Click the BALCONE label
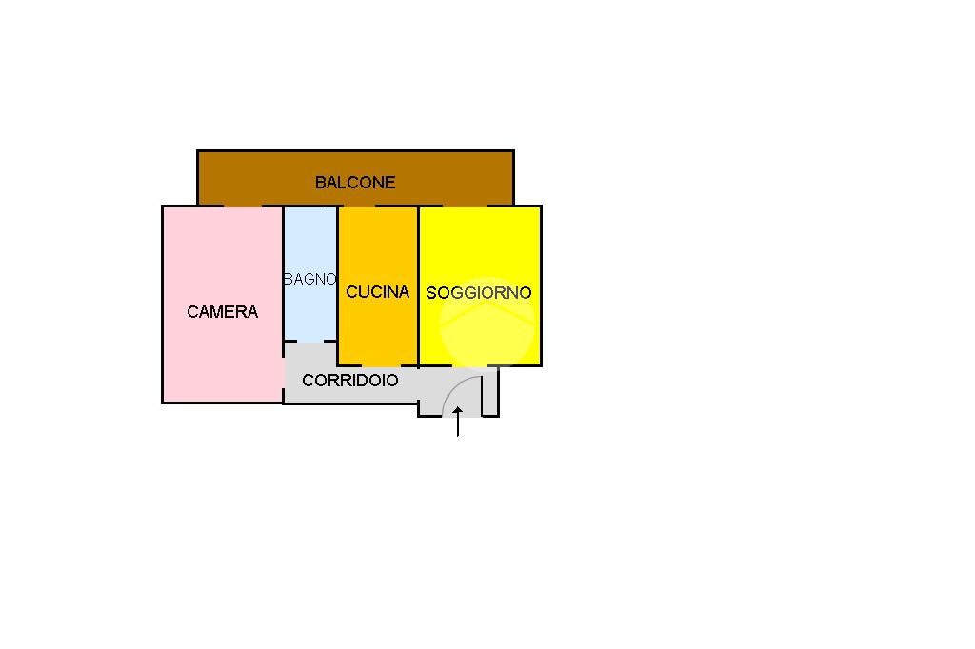tap(355, 182)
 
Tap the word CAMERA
tap(222, 312)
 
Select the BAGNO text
tap(310, 280)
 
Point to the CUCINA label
tap(377, 292)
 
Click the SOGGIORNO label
tap(479, 293)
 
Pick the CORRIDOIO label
tap(350, 381)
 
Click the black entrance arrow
tap(458, 422)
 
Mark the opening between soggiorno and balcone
tap(465, 206)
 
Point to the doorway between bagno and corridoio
tap(311, 341)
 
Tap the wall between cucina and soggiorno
tap(419, 285)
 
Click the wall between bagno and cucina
tap(338, 285)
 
